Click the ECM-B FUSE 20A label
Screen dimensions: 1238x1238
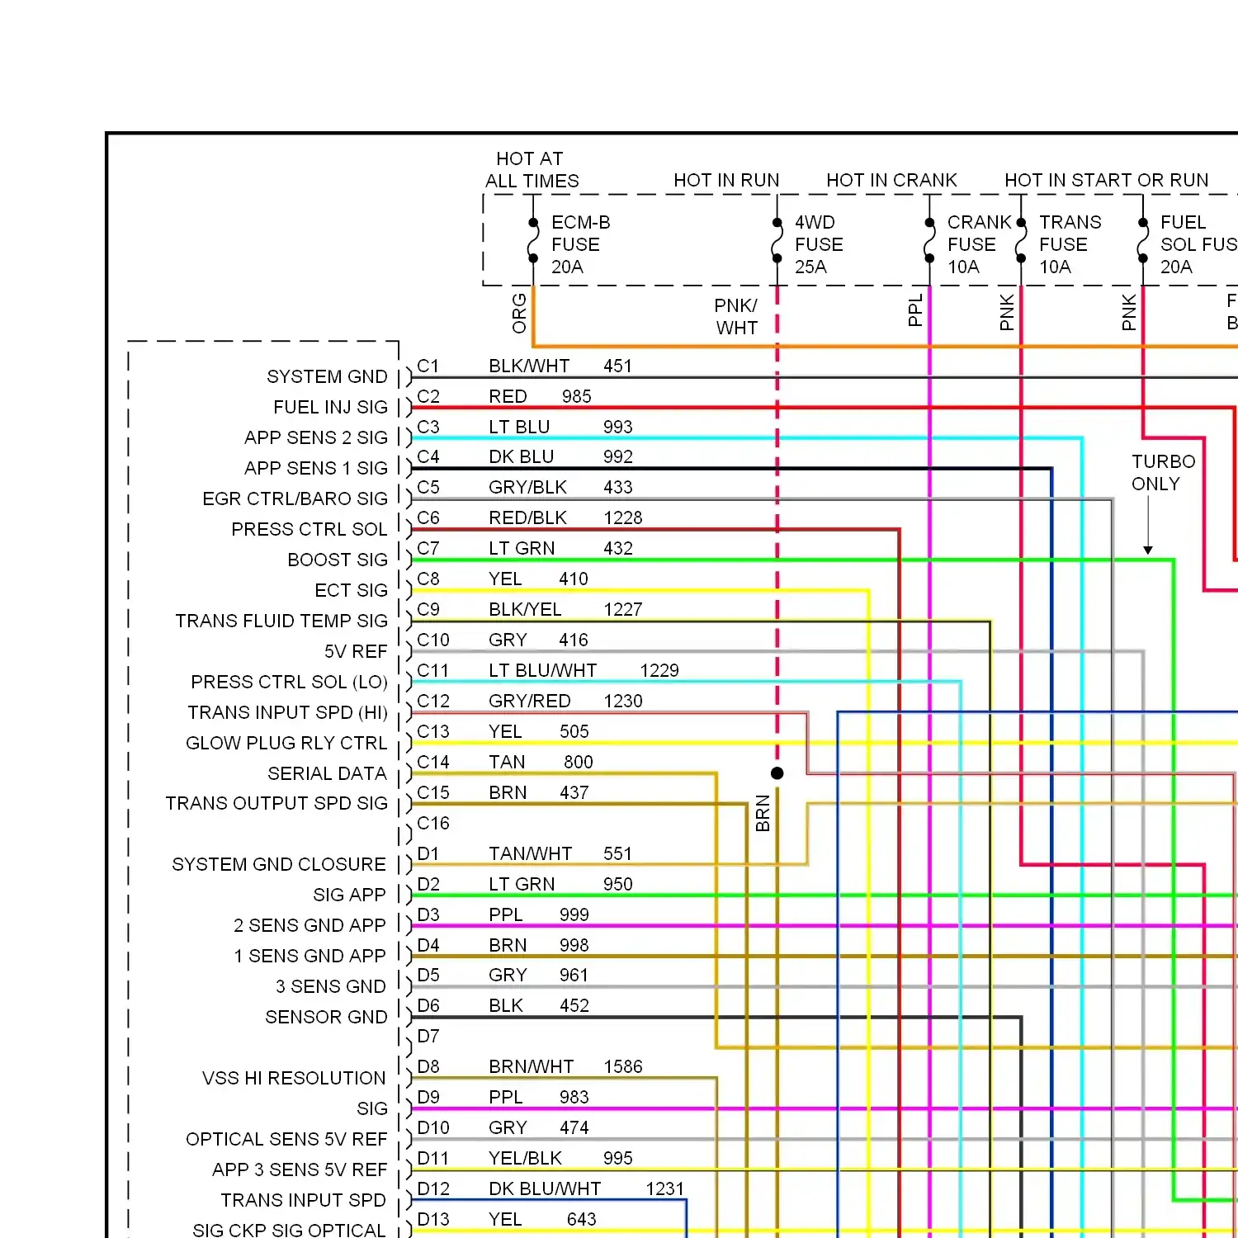click(x=581, y=244)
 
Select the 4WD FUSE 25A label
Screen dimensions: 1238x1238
click(x=819, y=244)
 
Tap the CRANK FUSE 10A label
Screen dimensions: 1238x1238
click(x=979, y=244)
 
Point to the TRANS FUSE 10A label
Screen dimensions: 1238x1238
click(x=1070, y=244)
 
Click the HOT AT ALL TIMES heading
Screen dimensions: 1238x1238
click(x=532, y=169)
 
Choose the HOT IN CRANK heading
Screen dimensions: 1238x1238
click(x=891, y=180)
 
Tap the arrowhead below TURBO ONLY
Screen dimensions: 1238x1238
click(x=1148, y=550)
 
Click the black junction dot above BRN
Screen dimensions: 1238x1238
click(x=777, y=773)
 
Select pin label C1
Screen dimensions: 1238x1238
click(x=428, y=366)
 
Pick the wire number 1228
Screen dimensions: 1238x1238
click(x=623, y=517)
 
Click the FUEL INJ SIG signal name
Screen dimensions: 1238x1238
click(x=330, y=407)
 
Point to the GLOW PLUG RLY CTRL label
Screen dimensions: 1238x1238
click(x=286, y=743)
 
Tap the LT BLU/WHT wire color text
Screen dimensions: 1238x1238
click(x=542, y=670)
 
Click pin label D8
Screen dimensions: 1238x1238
click(x=428, y=1066)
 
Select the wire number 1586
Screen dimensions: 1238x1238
click(x=623, y=1066)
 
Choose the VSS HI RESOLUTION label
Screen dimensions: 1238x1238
click(x=294, y=1078)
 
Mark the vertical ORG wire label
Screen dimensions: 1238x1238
click(x=519, y=313)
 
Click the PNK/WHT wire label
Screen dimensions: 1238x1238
click(x=736, y=317)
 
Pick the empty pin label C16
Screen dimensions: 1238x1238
click(x=433, y=823)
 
